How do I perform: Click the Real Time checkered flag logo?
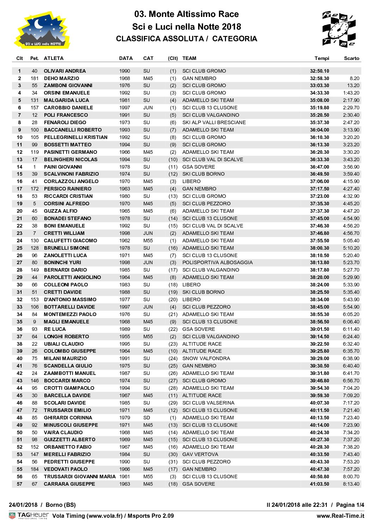pyautogui.click(x=338, y=29)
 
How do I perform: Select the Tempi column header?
pyautogui.click(x=322, y=58)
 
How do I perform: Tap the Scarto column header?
pyautogui.click(x=351, y=58)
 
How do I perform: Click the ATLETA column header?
pyautogui.click(x=54, y=58)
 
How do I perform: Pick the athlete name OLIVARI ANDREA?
pyautogui.click(x=65, y=71)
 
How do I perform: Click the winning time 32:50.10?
pyautogui.click(x=319, y=71)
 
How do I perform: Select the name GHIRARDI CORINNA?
pyautogui.click(x=68, y=418)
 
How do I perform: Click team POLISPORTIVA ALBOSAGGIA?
pyautogui.click(x=217, y=262)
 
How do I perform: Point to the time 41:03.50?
pyautogui.click(x=319, y=484)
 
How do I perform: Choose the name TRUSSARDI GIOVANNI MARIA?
pyautogui.click(x=80, y=477)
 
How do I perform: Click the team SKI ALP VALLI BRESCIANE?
pyautogui.click(x=214, y=122)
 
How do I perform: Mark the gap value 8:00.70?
pyautogui.click(x=351, y=477)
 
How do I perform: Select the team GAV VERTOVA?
pyautogui.click(x=200, y=454)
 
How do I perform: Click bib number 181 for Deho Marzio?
pyautogui.click(x=35, y=78)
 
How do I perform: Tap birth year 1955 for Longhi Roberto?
pyautogui.click(x=124, y=336)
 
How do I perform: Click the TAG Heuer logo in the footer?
pyautogui.click(x=29, y=516)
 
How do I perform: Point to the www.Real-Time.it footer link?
pyautogui.click(x=340, y=516)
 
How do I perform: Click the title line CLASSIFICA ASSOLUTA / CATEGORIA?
pyautogui.click(x=186, y=39)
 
